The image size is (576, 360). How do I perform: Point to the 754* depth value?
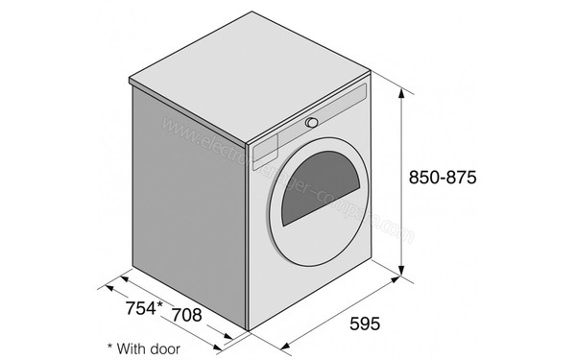[x=145, y=310]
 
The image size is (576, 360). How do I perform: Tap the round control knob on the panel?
[x=312, y=122]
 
